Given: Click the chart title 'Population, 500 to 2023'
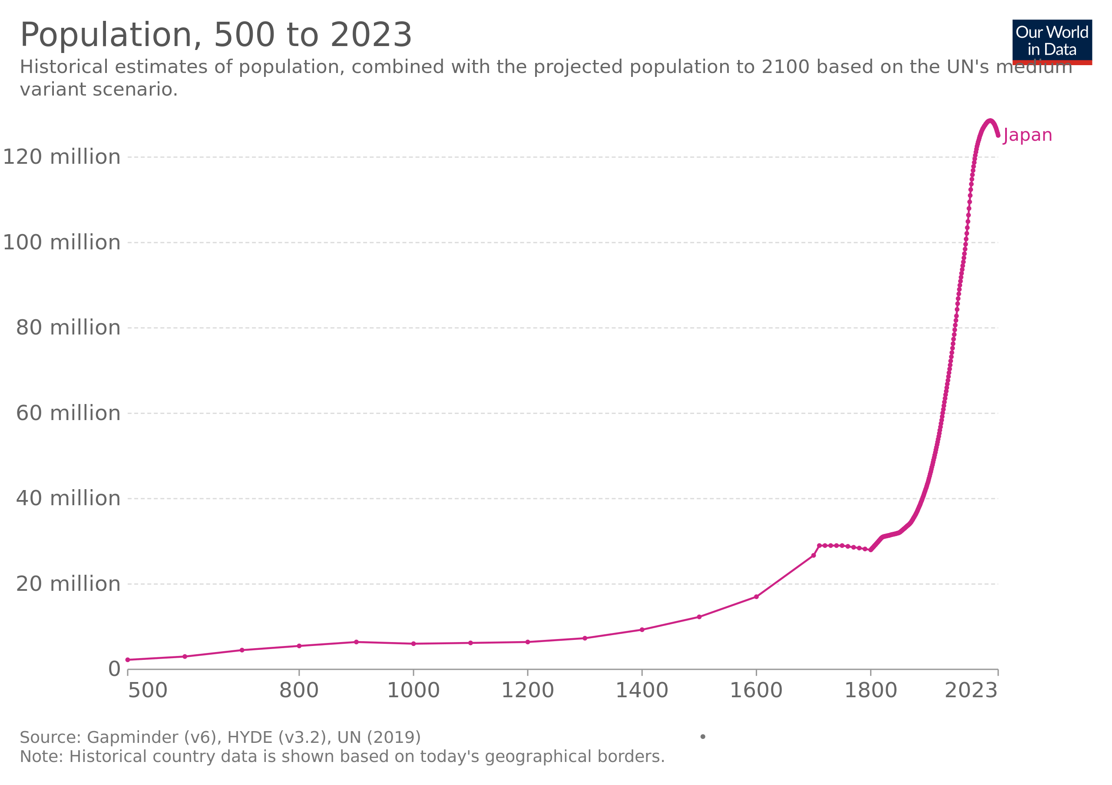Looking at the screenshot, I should (216, 35).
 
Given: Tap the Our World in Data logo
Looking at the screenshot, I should (1052, 42).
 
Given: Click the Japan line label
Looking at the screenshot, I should (1028, 135).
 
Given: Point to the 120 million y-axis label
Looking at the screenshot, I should (62, 157).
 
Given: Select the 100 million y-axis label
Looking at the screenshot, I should (62, 242).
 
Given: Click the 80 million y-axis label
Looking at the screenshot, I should (68, 328).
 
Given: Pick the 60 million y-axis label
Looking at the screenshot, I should (68, 413).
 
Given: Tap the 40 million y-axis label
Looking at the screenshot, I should (68, 498).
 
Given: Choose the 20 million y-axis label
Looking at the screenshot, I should (68, 583).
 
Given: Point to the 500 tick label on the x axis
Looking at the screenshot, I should (147, 690).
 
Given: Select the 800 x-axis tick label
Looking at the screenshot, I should (299, 690).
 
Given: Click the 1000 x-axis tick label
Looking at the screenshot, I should (413, 690).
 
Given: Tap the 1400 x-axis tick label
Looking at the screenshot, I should (642, 690).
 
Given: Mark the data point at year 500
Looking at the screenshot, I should (128, 659).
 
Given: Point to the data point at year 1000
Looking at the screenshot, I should (413, 643).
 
